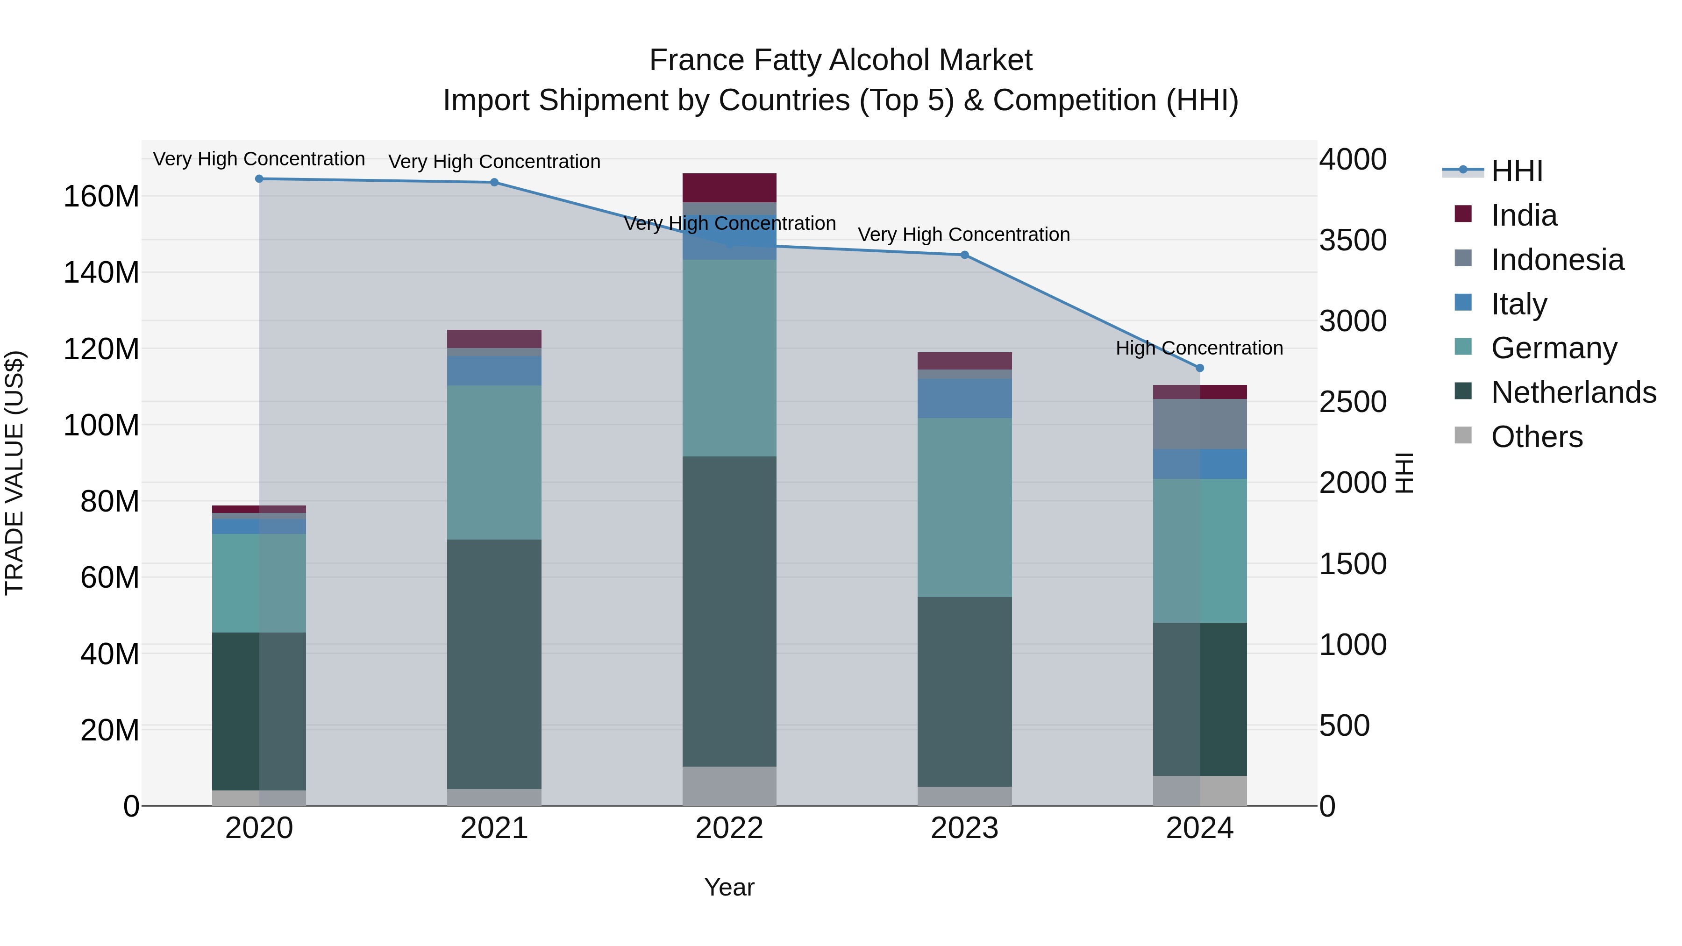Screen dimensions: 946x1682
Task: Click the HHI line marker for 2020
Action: click(x=259, y=179)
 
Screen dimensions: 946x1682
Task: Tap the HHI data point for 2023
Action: click(x=964, y=255)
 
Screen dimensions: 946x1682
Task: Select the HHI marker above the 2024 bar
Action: click(x=1199, y=368)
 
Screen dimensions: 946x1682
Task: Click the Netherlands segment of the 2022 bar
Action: click(x=729, y=611)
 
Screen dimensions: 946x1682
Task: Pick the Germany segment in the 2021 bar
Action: click(x=494, y=462)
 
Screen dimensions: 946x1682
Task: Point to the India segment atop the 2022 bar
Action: click(x=729, y=188)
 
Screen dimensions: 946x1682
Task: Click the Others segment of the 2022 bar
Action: click(x=729, y=786)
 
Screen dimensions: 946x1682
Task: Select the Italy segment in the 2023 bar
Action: click(x=964, y=398)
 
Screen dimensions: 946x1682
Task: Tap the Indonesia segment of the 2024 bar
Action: click(x=1199, y=424)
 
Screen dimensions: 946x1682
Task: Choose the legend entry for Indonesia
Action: click(x=1557, y=260)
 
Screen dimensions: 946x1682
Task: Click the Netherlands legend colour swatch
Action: click(x=1463, y=392)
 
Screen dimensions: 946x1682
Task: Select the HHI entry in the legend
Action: click(x=1517, y=171)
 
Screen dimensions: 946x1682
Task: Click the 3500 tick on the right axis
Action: click(x=1352, y=240)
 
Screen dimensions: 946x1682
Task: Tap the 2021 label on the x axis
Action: click(x=494, y=828)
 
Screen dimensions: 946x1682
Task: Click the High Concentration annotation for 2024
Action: click(x=1199, y=348)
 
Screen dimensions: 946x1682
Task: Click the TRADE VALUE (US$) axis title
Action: click(x=15, y=473)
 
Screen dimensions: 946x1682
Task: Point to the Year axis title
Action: click(x=729, y=887)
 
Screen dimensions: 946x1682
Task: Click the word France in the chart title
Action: click(x=697, y=60)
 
